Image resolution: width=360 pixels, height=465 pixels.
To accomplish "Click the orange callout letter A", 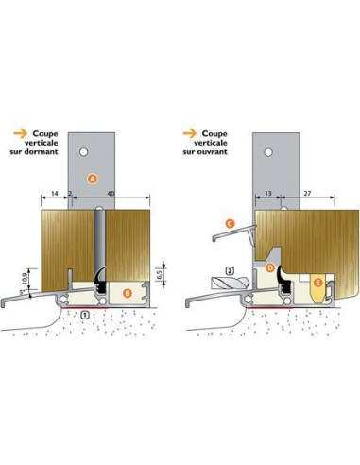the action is [x=93, y=179].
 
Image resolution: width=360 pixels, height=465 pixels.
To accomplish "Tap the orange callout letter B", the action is [x=127, y=293].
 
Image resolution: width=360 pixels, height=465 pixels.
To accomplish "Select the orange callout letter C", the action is [x=230, y=224].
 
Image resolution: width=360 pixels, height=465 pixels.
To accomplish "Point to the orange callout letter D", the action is [x=270, y=268].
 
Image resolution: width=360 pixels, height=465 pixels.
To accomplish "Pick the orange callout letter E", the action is [x=317, y=284].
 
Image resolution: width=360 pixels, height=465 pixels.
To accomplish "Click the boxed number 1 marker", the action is [x=85, y=314].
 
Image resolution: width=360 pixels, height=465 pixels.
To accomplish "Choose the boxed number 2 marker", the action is [x=230, y=270].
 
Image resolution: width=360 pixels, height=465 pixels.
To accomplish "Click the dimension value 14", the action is [x=55, y=193].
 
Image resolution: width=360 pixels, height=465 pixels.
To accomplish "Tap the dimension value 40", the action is [x=111, y=193].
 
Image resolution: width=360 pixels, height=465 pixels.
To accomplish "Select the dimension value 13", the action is [x=268, y=193].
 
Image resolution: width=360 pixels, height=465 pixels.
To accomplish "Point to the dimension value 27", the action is [x=307, y=193].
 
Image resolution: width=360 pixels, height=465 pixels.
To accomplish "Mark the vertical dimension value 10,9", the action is [x=25, y=278].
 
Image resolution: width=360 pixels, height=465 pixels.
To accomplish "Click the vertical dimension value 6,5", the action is [x=159, y=275].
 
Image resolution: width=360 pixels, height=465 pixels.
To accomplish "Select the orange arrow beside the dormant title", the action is [x=20, y=133].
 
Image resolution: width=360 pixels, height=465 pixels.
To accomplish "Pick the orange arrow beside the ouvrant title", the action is [x=190, y=133].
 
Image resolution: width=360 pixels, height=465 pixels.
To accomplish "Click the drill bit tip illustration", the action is [x=231, y=283].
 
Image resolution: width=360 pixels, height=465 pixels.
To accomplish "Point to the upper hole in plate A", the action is [x=83, y=152].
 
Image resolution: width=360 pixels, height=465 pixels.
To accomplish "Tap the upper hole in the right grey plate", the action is [x=268, y=152].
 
